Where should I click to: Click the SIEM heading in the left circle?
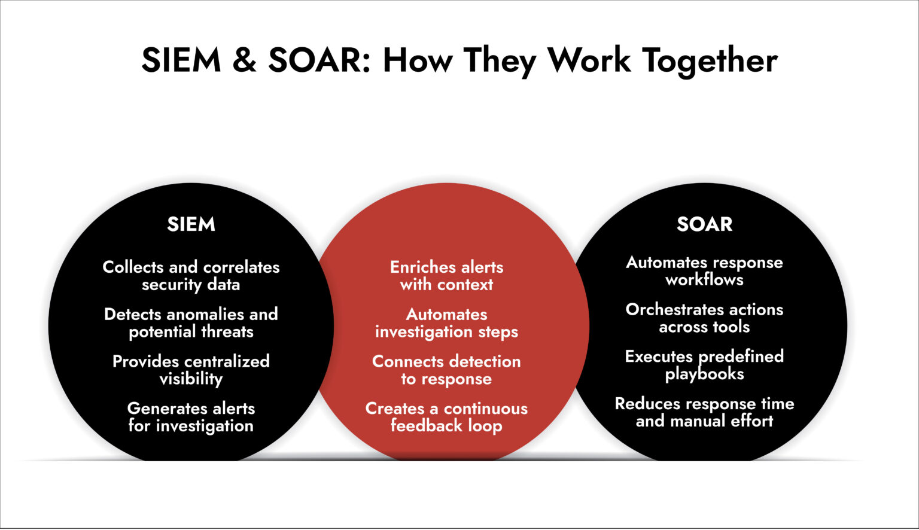click(x=191, y=224)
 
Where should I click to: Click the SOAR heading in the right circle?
click(x=704, y=224)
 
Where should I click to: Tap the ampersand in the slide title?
click(x=244, y=60)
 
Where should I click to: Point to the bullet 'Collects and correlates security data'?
click(x=191, y=276)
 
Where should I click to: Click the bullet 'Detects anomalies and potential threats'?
click(x=191, y=323)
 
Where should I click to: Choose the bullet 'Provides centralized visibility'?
click(x=191, y=370)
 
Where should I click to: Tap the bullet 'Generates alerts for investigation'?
click(x=191, y=417)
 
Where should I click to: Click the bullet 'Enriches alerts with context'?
click(x=446, y=276)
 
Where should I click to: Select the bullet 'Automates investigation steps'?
click(x=446, y=323)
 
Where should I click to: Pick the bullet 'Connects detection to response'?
click(x=446, y=370)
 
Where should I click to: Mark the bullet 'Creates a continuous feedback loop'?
click(x=446, y=417)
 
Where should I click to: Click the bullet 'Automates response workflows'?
click(x=704, y=271)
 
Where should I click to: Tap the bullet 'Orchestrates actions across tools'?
click(x=704, y=318)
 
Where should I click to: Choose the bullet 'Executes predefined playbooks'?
click(x=704, y=365)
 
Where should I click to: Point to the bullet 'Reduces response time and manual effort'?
click(x=704, y=412)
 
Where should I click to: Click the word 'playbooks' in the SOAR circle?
click(x=704, y=374)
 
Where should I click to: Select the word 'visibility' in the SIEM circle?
click(x=191, y=379)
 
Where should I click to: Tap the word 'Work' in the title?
click(x=589, y=60)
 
